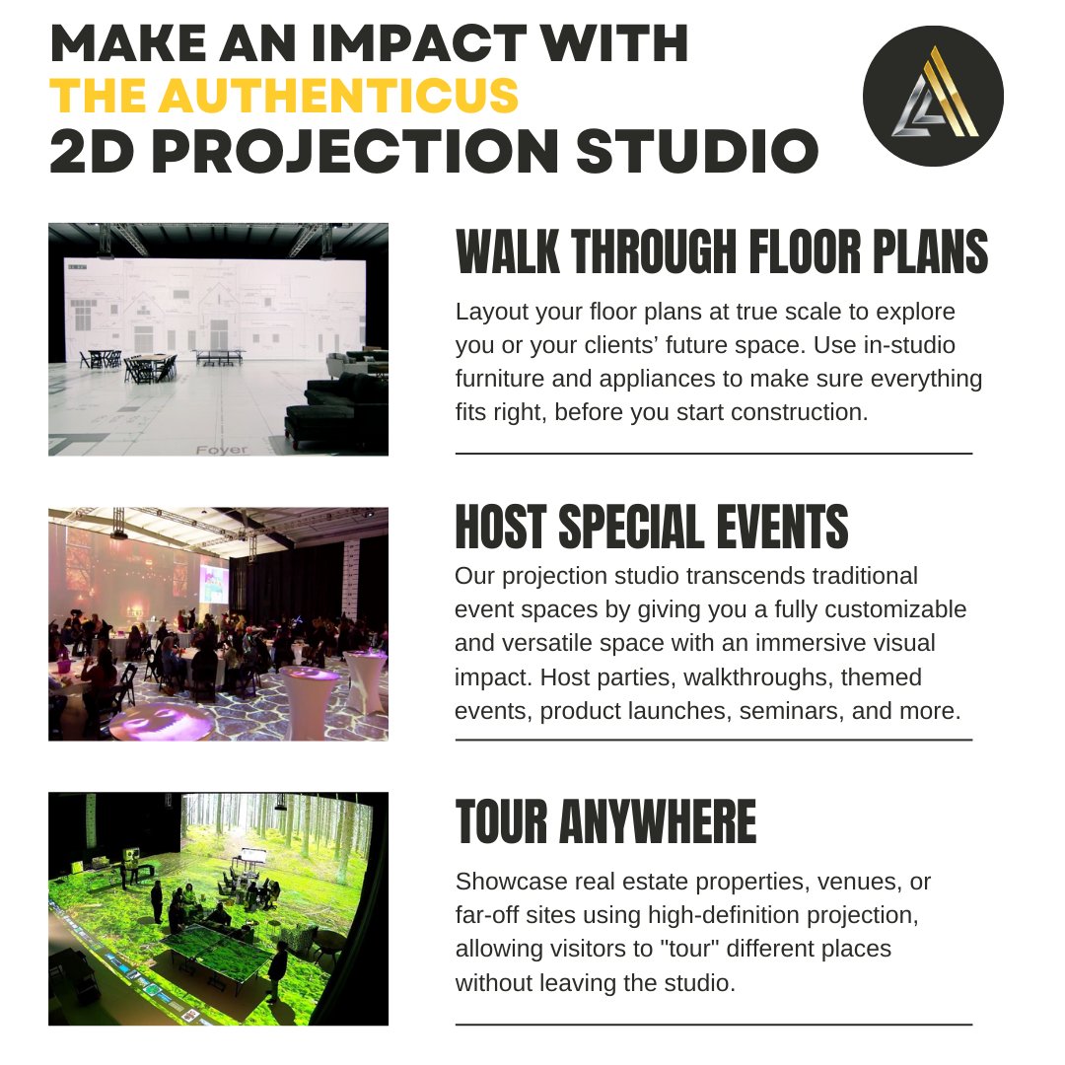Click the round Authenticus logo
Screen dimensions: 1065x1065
coord(933,95)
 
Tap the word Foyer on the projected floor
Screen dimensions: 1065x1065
coord(222,449)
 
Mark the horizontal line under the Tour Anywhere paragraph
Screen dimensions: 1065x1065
coord(713,1025)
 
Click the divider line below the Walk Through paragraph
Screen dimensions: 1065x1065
coord(713,453)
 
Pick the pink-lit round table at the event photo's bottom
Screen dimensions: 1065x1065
coord(160,721)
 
